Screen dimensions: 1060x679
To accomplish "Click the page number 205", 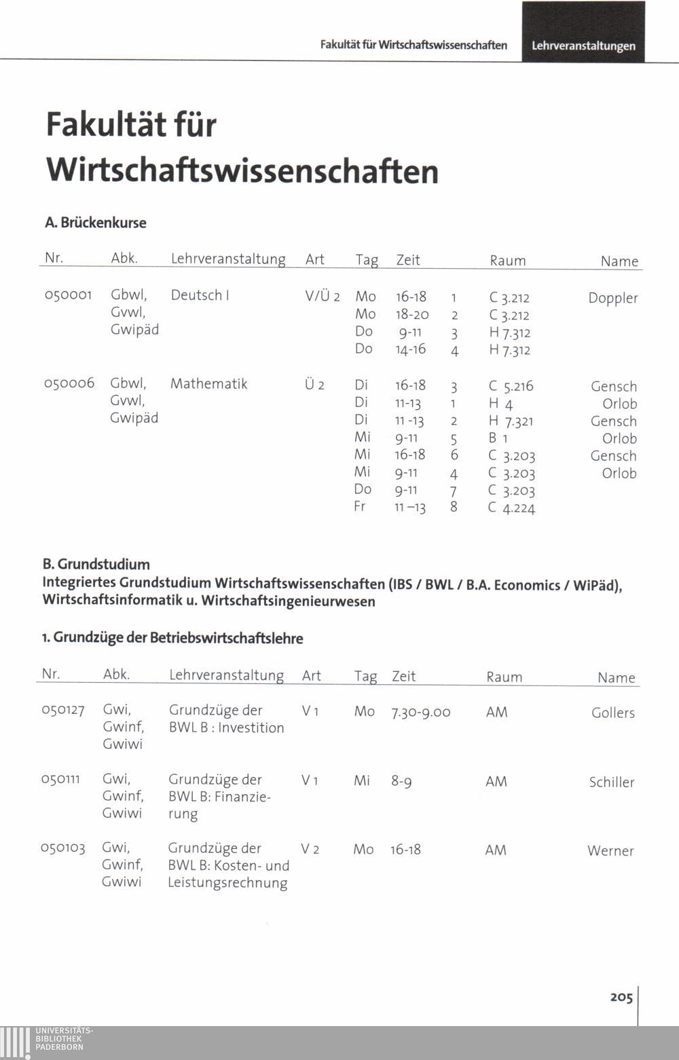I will pyautogui.click(x=621, y=997).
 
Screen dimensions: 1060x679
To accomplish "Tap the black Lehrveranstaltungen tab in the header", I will pyautogui.click(x=583, y=45).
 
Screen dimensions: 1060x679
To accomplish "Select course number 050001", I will pyautogui.click(x=68, y=295).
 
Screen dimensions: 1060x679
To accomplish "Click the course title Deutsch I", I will pyautogui.click(x=200, y=295).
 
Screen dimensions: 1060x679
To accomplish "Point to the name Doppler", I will pyautogui.click(x=612, y=298).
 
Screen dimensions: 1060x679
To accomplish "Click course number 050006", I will pyautogui.click(x=69, y=383).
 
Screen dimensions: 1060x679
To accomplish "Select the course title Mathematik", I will pyautogui.click(x=208, y=383).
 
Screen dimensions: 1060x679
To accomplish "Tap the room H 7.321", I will pyautogui.click(x=511, y=421).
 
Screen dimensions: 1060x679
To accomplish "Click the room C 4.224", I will pyautogui.click(x=511, y=508).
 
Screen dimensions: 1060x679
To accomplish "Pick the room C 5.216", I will pyautogui.click(x=511, y=386).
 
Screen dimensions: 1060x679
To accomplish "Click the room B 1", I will pyautogui.click(x=498, y=438).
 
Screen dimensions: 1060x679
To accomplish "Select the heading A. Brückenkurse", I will pyautogui.click(x=96, y=223).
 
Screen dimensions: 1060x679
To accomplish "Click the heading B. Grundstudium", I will pyautogui.click(x=96, y=564).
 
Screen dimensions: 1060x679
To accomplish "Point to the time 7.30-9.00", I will pyautogui.click(x=420, y=712).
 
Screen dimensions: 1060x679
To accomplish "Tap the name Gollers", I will pyautogui.click(x=612, y=713).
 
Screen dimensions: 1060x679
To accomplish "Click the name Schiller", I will pyautogui.click(x=611, y=782).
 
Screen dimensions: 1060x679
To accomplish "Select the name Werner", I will pyautogui.click(x=610, y=850).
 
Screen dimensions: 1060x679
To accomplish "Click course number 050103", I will pyautogui.click(x=62, y=848).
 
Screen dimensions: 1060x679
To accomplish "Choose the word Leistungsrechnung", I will pyautogui.click(x=227, y=883).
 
